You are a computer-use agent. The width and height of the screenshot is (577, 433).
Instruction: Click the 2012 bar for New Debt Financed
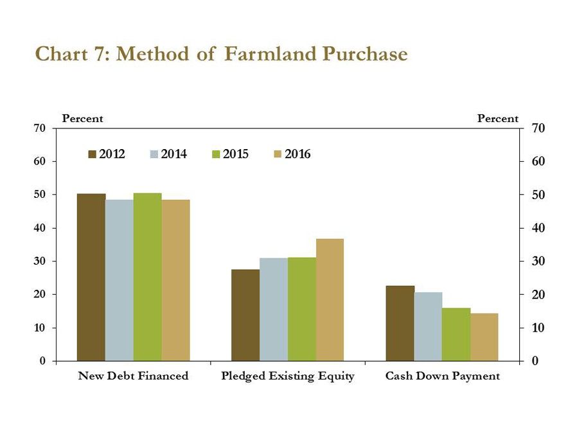[91, 277]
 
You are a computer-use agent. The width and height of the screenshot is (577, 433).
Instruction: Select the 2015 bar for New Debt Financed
[147, 277]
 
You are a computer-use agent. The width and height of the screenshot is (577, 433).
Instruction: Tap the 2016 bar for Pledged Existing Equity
[330, 299]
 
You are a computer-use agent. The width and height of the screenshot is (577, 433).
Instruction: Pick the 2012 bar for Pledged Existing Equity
[245, 315]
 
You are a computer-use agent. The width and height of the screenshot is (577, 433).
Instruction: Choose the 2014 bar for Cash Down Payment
[428, 326]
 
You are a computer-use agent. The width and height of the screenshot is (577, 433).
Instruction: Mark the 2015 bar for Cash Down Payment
[456, 334]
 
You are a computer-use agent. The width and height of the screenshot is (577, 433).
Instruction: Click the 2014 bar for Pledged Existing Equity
[274, 309]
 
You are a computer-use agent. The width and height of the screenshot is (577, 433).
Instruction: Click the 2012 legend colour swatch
[92, 154]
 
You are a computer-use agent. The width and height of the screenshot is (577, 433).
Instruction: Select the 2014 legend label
[173, 154]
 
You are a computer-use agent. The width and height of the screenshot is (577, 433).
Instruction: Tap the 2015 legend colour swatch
[216, 154]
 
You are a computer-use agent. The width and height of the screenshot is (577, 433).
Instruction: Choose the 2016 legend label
[297, 154]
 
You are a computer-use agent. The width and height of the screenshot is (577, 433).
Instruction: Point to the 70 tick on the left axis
[40, 128]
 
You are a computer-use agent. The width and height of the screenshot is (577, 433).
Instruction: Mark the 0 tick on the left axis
[43, 361]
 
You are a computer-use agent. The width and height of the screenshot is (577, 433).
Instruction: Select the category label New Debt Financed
[133, 376]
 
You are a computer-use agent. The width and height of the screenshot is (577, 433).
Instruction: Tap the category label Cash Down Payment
[442, 376]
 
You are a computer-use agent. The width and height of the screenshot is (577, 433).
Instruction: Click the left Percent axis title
[82, 119]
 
